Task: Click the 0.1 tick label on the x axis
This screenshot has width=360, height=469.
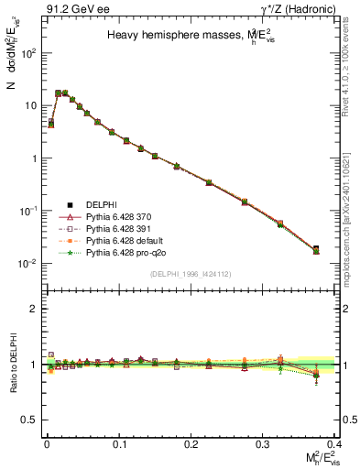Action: tap(118, 442)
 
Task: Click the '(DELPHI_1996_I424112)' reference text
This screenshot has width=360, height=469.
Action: tap(190, 273)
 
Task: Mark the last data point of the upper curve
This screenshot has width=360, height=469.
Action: tap(316, 249)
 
